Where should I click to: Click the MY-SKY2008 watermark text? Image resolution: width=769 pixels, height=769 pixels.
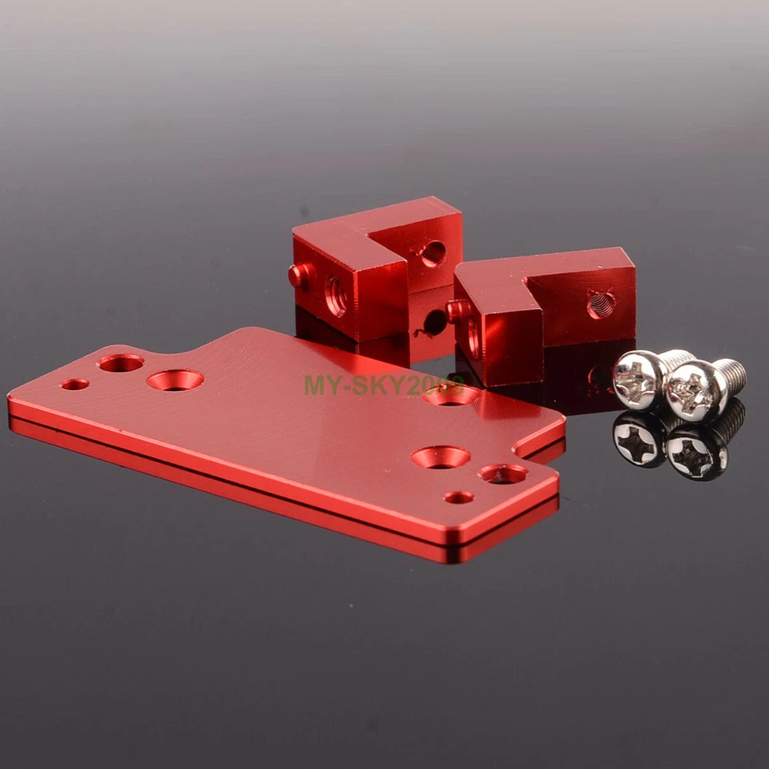point(383,384)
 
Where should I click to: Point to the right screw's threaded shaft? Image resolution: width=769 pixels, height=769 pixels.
point(731,373)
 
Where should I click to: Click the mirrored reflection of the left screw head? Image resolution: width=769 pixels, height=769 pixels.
point(638,440)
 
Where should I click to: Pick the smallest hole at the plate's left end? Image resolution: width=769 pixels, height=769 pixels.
point(74,384)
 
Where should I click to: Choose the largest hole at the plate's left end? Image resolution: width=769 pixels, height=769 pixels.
point(175,380)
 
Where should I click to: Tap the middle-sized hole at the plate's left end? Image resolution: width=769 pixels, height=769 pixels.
point(121,363)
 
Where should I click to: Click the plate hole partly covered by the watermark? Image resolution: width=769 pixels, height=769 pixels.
point(450,395)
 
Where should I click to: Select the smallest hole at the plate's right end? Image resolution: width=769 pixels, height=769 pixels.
point(458,497)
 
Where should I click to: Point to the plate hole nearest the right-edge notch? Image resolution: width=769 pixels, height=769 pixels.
point(503,474)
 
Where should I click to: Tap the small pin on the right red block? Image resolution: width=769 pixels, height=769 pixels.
point(458,311)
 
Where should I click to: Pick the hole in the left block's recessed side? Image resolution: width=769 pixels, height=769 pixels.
point(433,254)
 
